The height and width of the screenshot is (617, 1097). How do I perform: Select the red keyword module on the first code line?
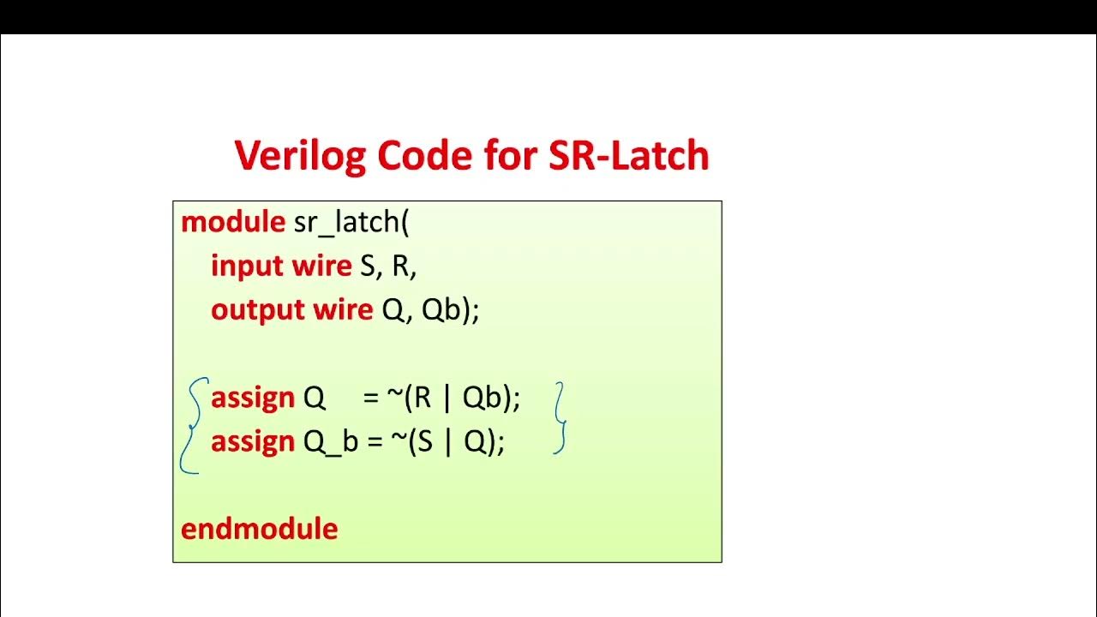coord(233,222)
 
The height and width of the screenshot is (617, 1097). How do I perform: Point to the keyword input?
coord(247,267)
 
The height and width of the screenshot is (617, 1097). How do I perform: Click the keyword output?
coord(253,310)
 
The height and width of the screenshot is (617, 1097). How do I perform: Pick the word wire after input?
coord(321,267)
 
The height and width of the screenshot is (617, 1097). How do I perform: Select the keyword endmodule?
coord(259,529)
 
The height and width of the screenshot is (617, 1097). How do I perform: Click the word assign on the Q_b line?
coord(253,442)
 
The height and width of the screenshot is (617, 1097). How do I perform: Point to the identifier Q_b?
coord(331,443)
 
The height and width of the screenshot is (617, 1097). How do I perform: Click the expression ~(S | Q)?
coord(446,442)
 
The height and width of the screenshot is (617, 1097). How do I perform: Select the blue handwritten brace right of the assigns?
coord(560,418)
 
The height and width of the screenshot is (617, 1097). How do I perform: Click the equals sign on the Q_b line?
coord(371,442)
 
